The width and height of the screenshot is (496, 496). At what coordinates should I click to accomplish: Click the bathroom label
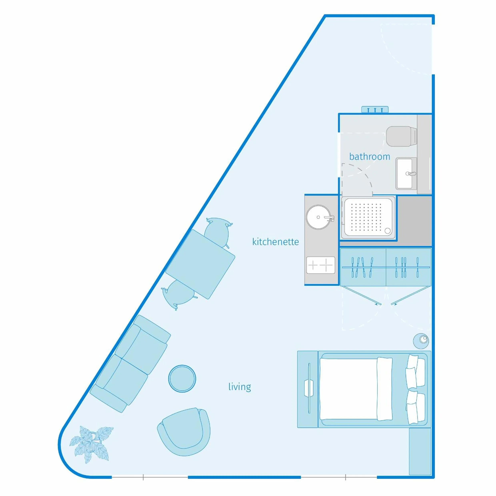tap(369, 157)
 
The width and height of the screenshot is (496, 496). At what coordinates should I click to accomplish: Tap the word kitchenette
tap(275, 242)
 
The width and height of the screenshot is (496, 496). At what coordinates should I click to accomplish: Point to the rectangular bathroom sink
tap(405, 174)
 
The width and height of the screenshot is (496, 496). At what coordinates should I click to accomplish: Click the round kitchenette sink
tap(319, 217)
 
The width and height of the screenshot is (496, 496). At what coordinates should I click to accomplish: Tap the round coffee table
tap(182, 378)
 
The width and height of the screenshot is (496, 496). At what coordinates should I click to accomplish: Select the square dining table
tap(200, 264)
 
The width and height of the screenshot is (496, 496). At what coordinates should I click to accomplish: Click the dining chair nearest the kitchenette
tap(218, 232)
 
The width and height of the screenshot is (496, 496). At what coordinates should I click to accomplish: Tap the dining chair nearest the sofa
tap(179, 294)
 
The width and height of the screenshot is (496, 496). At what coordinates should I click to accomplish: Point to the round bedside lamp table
tap(421, 341)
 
